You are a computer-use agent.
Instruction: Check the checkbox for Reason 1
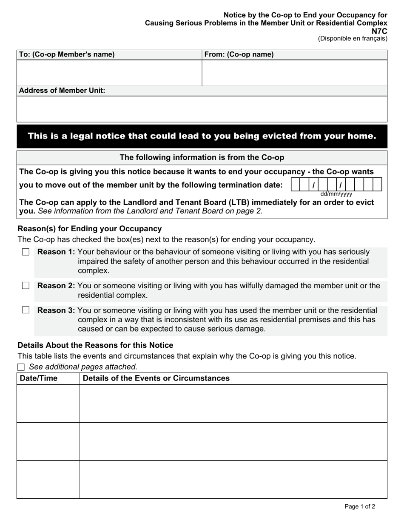[26, 252]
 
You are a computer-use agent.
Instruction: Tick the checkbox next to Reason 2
[26, 286]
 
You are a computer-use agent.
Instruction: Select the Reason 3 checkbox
[26, 310]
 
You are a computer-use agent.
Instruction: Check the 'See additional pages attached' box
[21, 367]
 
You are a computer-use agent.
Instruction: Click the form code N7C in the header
[379, 31]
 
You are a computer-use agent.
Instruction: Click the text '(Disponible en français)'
[353, 39]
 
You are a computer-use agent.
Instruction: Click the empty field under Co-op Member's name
[109, 73]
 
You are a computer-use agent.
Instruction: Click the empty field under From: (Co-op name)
[294, 73]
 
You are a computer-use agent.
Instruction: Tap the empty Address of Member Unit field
[202, 109]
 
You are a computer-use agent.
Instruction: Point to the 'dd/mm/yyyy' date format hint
[336, 194]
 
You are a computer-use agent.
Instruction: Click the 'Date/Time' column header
[39, 378]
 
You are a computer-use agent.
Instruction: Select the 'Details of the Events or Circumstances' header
[156, 378]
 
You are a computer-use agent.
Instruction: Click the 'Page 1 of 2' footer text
[360, 506]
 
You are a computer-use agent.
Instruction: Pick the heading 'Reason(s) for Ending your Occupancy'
[90, 229]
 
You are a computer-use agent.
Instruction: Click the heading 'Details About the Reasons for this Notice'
[95, 345]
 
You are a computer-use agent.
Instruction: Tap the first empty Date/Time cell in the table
[48, 404]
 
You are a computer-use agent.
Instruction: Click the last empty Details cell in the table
[233, 479]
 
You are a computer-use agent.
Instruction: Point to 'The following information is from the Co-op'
[202, 157]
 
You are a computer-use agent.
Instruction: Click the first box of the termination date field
[295, 185]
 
